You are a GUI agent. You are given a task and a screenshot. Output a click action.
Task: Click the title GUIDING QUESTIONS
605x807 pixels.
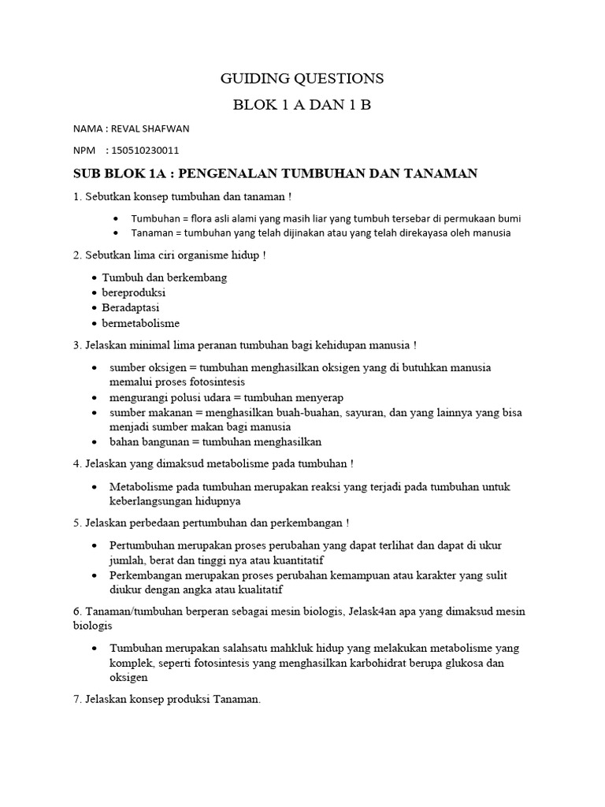pos(302,78)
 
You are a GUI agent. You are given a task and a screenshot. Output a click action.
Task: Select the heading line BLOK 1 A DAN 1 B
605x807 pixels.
pos(302,105)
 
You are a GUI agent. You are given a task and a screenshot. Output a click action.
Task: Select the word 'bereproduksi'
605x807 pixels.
pos(134,293)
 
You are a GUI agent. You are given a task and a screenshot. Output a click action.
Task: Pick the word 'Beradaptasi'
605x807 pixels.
pos(131,308)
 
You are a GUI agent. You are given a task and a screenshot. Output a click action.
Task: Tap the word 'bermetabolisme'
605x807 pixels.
pos(141,323)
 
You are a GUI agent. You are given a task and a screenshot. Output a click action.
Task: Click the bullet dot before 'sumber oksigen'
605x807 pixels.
pos(95,368)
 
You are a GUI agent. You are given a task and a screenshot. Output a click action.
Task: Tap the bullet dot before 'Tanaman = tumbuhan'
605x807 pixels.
pos(117,233)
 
